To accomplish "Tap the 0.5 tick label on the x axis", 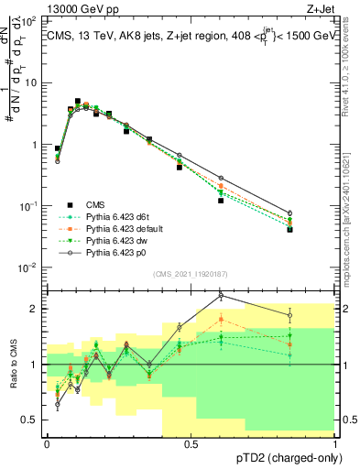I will (x=191, y=444).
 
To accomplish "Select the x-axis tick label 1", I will (x=335, y=444).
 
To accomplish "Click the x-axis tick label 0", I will (x=47, y=444).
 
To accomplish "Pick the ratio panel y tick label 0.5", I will (x=30, y=420).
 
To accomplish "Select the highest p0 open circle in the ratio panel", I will (x=220, y=295).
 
